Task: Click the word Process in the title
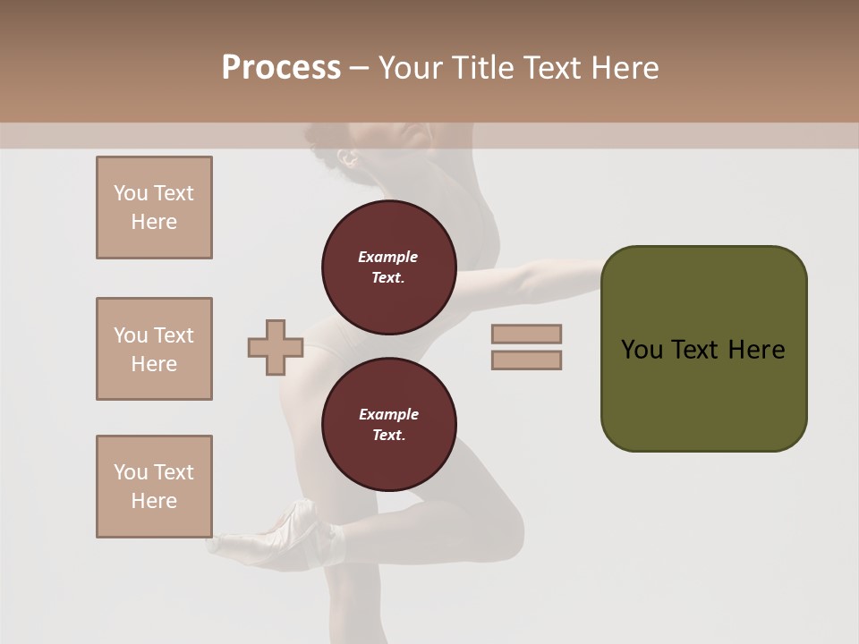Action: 281,68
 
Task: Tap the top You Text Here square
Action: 154,208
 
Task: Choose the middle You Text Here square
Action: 154,349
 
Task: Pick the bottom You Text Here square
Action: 154,487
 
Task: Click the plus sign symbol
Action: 276,347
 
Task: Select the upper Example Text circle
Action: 388,267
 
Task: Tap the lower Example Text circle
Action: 388,425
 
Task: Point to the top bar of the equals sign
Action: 526,335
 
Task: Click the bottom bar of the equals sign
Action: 526,360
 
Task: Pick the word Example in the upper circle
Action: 388,257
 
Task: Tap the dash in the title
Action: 359,69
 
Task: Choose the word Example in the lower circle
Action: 388,414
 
